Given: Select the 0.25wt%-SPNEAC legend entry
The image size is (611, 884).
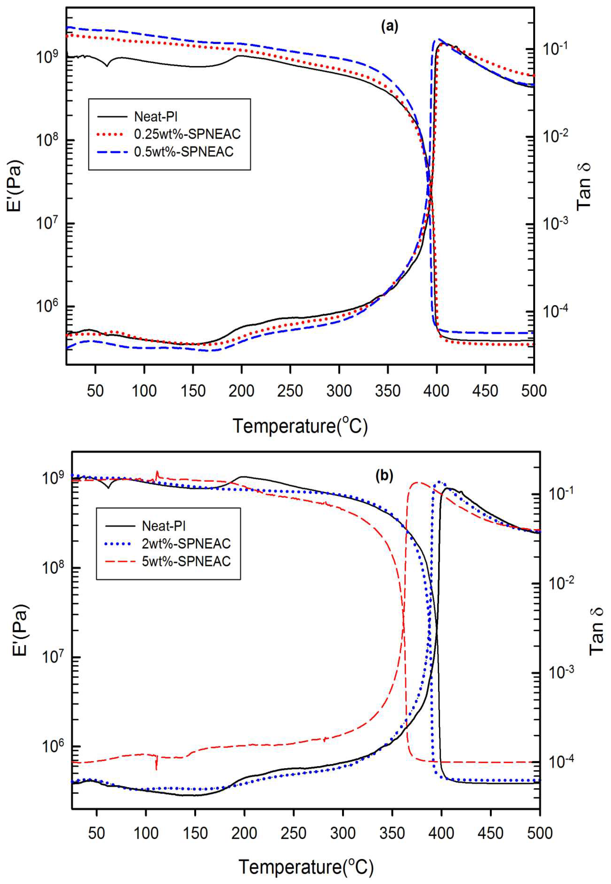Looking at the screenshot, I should click(187, 134).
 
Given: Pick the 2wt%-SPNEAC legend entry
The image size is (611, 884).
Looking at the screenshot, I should click(186, 544).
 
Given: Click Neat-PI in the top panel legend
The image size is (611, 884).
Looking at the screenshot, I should click(155, 116).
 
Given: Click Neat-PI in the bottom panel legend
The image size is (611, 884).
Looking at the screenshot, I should click(163, 526).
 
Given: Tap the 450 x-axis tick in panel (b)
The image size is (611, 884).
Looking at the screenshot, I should click(491, 833).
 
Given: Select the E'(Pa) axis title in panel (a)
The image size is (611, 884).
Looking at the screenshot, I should click(15, 185).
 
